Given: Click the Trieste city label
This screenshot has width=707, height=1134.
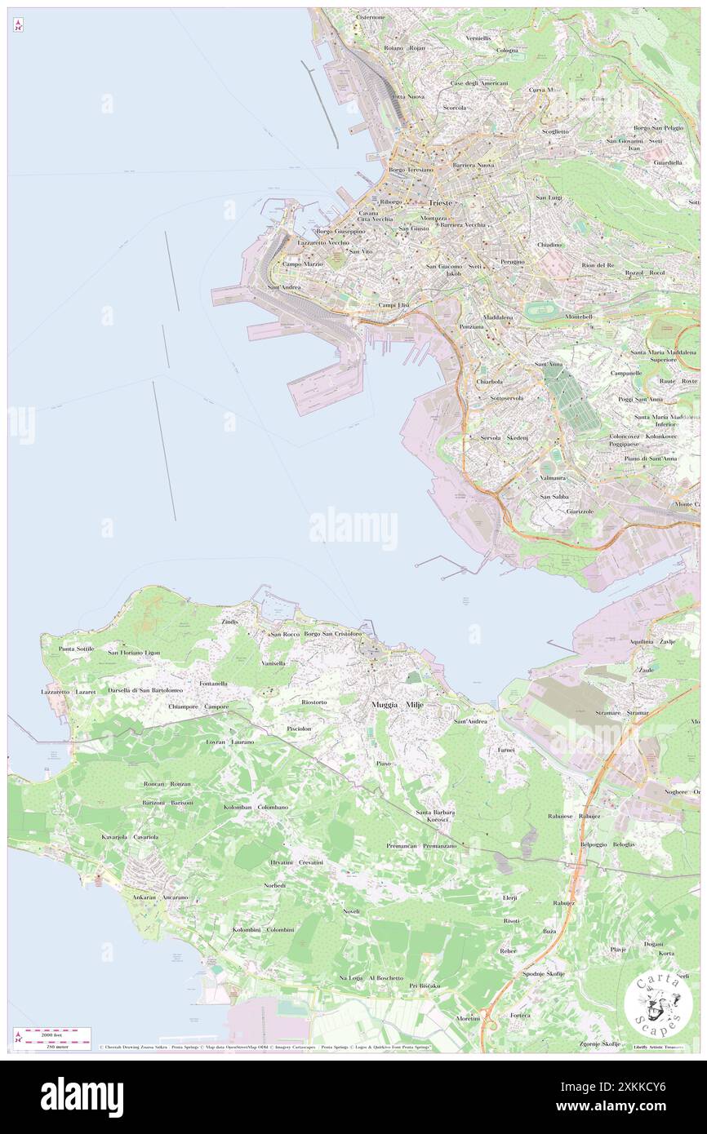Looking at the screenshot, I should [x=440, y=202].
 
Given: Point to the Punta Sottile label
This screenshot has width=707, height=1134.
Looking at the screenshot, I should [x=77, y=649].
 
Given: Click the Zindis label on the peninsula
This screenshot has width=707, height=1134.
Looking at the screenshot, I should [x=230, y=622].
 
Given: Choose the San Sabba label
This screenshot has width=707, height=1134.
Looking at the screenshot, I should [x=554, y=496].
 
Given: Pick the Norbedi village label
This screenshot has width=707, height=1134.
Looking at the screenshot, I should [x=275, y=885].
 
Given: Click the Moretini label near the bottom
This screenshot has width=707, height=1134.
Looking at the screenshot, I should [x=468, y=1018].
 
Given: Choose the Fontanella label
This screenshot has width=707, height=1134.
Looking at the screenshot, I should [x=213, y=683].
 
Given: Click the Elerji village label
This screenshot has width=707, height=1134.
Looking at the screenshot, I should [x=510, y=897].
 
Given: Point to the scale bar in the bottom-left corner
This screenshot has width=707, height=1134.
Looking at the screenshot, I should [x=51, y=1036].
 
